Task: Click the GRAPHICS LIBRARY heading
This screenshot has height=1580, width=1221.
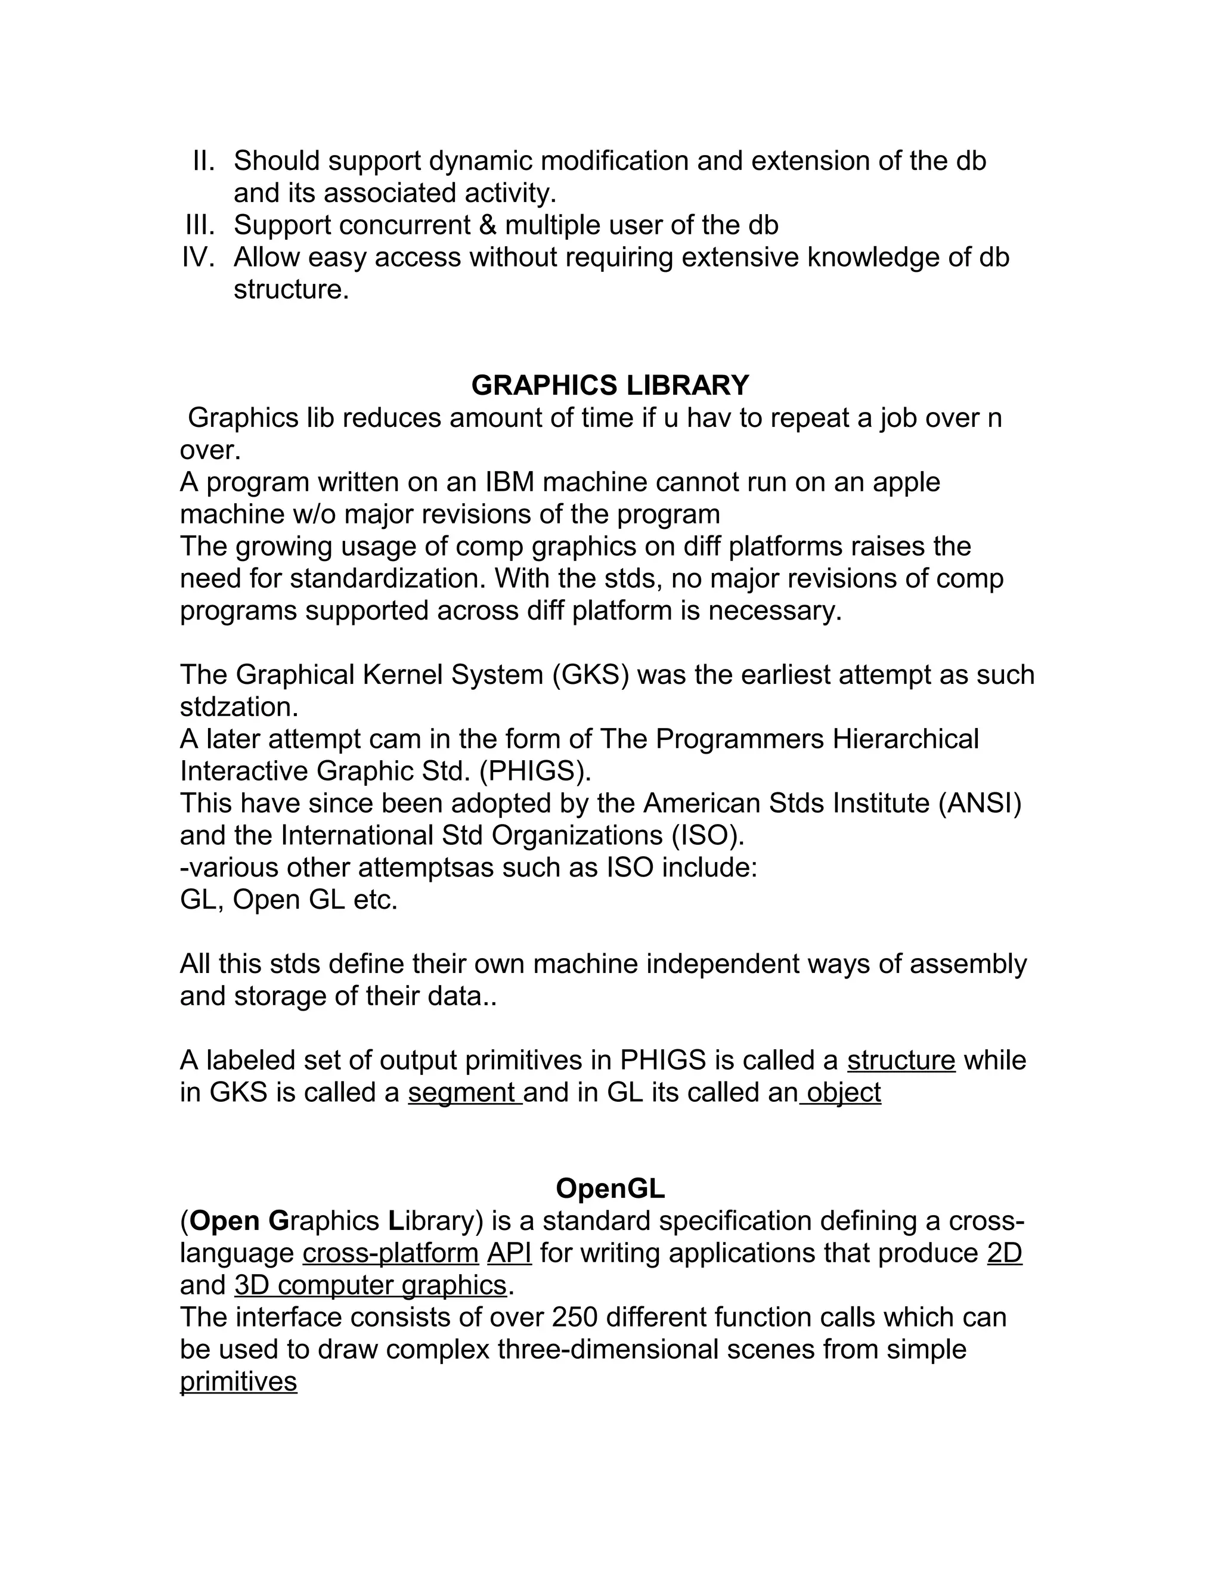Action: [610, 386]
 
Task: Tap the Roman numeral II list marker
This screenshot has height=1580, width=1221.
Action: [204, 160]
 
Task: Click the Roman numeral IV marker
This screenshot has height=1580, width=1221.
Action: [199, 258]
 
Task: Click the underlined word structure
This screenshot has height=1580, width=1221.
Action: [901, 1061]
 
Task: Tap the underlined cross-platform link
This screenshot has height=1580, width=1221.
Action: [391, 1253]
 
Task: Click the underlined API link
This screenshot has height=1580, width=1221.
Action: [509, 1253]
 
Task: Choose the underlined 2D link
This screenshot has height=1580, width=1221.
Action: [1004, 1253]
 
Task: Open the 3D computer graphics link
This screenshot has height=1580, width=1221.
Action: [370, 1285]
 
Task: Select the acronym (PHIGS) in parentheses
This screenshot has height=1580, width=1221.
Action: [535, 771]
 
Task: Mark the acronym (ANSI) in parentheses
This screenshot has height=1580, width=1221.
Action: [980, 803]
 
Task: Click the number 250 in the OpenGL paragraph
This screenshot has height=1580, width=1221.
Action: [574, 1318]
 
